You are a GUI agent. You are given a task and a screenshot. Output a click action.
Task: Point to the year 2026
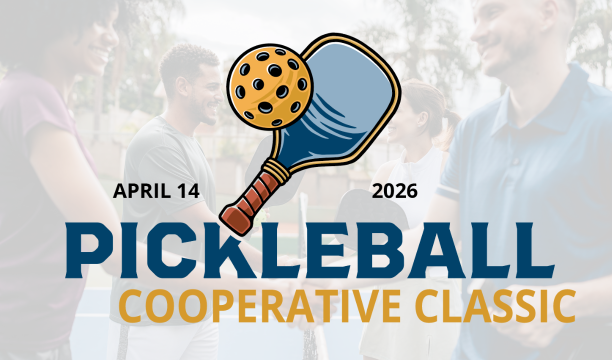pyautogui.click(x=395, y=189)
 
